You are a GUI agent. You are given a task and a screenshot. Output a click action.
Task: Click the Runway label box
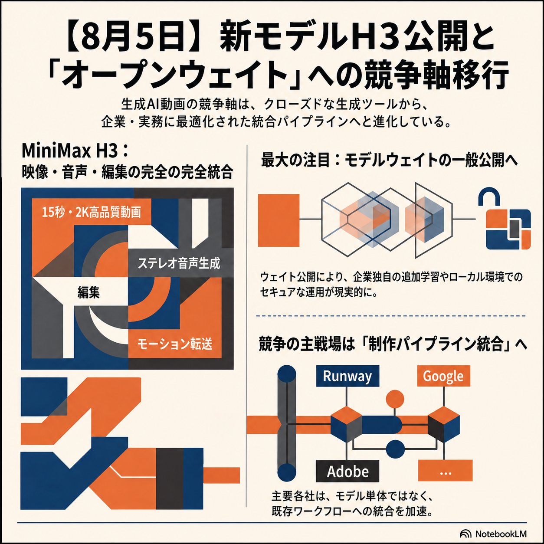click(347, 376)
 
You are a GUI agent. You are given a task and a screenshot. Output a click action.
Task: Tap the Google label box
click(443, 376)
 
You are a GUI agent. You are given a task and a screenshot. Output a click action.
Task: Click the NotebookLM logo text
click(501, 534)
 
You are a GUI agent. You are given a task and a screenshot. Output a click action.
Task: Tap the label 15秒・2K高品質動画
click(91, 213)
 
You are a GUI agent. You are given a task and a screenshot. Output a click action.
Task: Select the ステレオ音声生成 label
click(179, 263)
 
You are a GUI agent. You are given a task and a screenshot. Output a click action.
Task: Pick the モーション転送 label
click(175, 344)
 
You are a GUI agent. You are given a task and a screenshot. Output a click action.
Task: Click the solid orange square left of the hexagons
click(279, 220)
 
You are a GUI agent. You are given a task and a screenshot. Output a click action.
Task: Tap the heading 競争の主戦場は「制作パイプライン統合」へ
click(393, 346)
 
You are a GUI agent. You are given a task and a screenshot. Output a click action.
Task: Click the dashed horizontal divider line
click(391, 316)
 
